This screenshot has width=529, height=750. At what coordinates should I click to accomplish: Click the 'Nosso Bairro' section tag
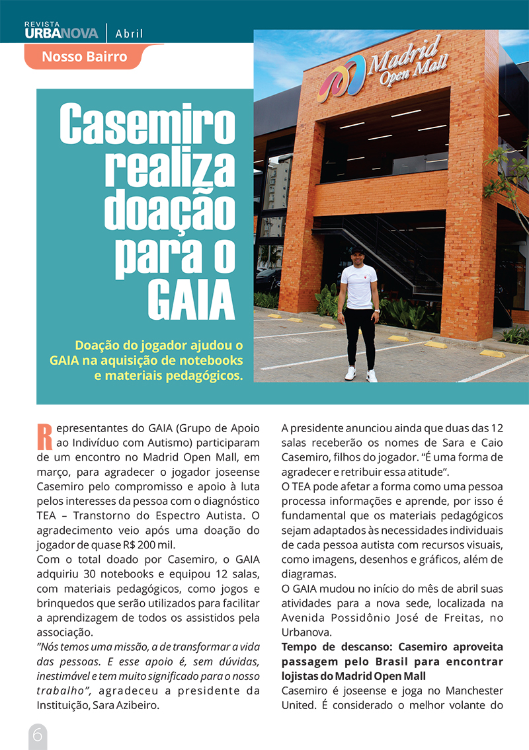84,56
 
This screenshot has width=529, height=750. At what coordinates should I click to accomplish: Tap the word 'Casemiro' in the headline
147,124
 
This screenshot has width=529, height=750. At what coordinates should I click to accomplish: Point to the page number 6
37,735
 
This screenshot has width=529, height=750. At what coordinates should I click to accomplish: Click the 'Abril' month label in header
129,34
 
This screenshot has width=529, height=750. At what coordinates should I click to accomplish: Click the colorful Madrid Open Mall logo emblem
339,79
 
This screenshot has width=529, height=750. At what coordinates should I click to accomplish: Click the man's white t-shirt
358,285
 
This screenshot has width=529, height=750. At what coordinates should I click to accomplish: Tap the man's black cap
357,250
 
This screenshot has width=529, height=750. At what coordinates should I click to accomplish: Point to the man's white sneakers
360,375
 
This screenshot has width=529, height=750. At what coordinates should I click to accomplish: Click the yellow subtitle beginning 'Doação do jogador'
146,361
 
